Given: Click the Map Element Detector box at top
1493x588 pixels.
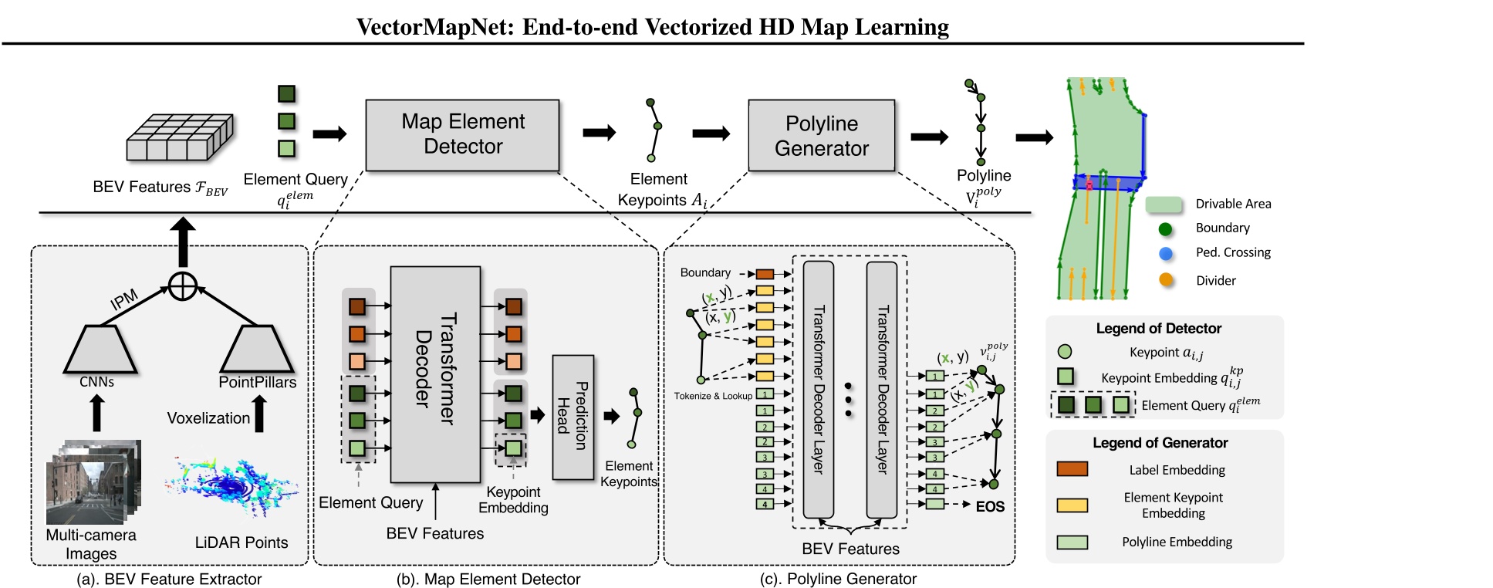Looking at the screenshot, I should click(x=462, y=134).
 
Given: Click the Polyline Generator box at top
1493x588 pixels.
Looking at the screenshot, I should click(x=821, y=135).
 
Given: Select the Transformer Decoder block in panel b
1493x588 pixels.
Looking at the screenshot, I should click(x=435, y=373).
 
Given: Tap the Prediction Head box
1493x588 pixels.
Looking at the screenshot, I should click(x=573, y=417).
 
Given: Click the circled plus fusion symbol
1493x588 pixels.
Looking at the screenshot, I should click(x=183, y=286).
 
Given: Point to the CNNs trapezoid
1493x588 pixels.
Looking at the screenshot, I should click(x=100, y=350).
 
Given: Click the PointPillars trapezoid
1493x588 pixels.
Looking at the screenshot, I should click(x=257, y=350).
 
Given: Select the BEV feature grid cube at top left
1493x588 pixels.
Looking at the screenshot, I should click(x=179, y=138).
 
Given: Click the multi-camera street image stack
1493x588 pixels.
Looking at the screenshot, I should click(x=93, y=482).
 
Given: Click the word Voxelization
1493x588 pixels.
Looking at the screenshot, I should click(x=208, y=418).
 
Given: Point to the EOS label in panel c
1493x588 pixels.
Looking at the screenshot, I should click(x=990, y=507).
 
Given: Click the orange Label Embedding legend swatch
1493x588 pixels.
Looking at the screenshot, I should click(x=1072, y=469).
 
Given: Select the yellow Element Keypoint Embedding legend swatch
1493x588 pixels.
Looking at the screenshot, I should click(x=1072, y=505).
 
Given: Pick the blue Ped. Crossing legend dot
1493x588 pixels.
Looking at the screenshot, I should click(x=1165, y=253).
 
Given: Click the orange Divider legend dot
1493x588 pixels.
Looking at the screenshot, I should click(x=1165, y=280).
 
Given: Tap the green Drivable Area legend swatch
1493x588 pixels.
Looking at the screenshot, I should click(x=1164, y=204).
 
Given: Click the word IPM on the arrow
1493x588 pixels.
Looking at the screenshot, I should click(x=123, y=299).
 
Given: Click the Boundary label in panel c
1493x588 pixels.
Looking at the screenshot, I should click(x=704, y=273).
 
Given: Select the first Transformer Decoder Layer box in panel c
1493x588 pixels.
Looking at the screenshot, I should click(x=818, y=389).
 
